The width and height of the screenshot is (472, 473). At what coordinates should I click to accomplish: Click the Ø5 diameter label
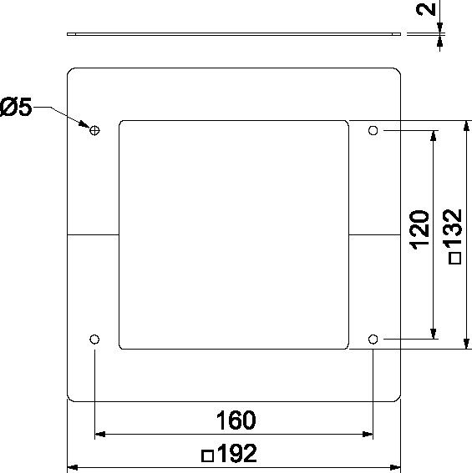16,107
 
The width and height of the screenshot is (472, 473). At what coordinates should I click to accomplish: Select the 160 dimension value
236,420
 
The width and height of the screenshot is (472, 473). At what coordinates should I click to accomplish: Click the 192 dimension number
237,453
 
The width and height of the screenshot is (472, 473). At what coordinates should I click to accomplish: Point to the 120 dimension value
419,230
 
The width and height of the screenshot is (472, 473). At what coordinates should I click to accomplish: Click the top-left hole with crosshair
94,131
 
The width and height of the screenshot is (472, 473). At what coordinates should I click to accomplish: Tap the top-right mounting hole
373,131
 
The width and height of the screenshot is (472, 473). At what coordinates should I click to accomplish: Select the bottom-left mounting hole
94,340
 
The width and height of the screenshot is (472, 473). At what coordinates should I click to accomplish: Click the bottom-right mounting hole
373,340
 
